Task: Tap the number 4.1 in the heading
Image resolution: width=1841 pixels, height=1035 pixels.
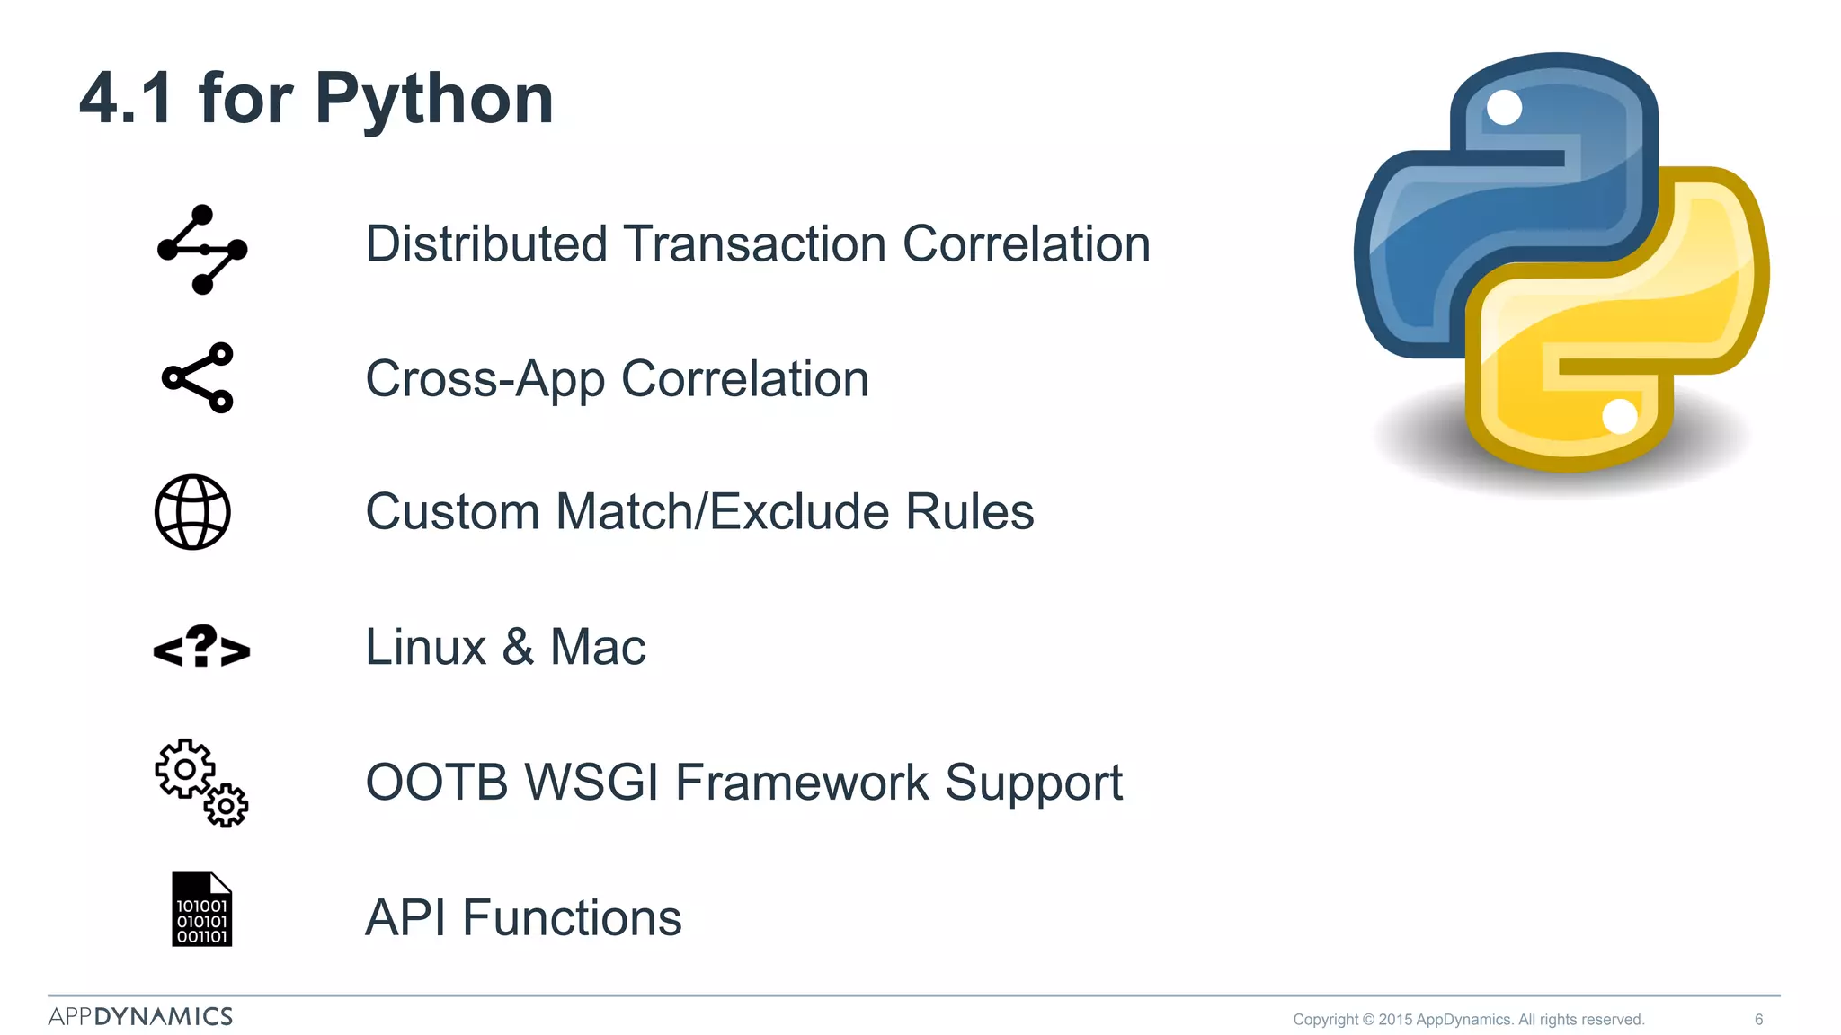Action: coord(126,99)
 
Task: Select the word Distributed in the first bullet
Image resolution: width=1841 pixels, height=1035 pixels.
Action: coord(486,244)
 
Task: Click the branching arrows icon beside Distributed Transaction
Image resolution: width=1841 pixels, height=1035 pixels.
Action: coord(202,250)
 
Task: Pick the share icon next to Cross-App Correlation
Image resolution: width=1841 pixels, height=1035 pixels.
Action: coord(198,377)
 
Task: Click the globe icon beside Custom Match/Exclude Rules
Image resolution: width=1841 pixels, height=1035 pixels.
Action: coord(192,512)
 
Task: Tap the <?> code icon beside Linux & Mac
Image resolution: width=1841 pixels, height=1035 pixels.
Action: coord(201,647)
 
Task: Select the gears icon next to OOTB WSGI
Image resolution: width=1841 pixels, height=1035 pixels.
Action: coord(200,782)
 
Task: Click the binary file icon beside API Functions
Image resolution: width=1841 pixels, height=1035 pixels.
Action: coord(201,909)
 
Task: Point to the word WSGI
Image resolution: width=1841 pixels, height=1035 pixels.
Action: coord(592,782)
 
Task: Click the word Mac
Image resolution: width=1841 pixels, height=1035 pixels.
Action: coord(597,647)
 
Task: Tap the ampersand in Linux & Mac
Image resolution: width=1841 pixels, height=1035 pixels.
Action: coord(518,647)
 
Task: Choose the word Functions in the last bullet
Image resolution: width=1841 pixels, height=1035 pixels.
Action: coord(572,918)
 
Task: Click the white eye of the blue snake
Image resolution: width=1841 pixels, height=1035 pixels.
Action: coord(1504,108)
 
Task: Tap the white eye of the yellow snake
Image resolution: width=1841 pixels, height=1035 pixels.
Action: coord(1620,416)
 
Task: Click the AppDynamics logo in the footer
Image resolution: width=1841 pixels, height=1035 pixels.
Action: coord(140,1016)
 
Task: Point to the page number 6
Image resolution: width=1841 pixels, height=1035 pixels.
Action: coord(1758,1019)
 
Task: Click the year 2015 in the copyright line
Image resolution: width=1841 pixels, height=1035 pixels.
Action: coord(1395,1019)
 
